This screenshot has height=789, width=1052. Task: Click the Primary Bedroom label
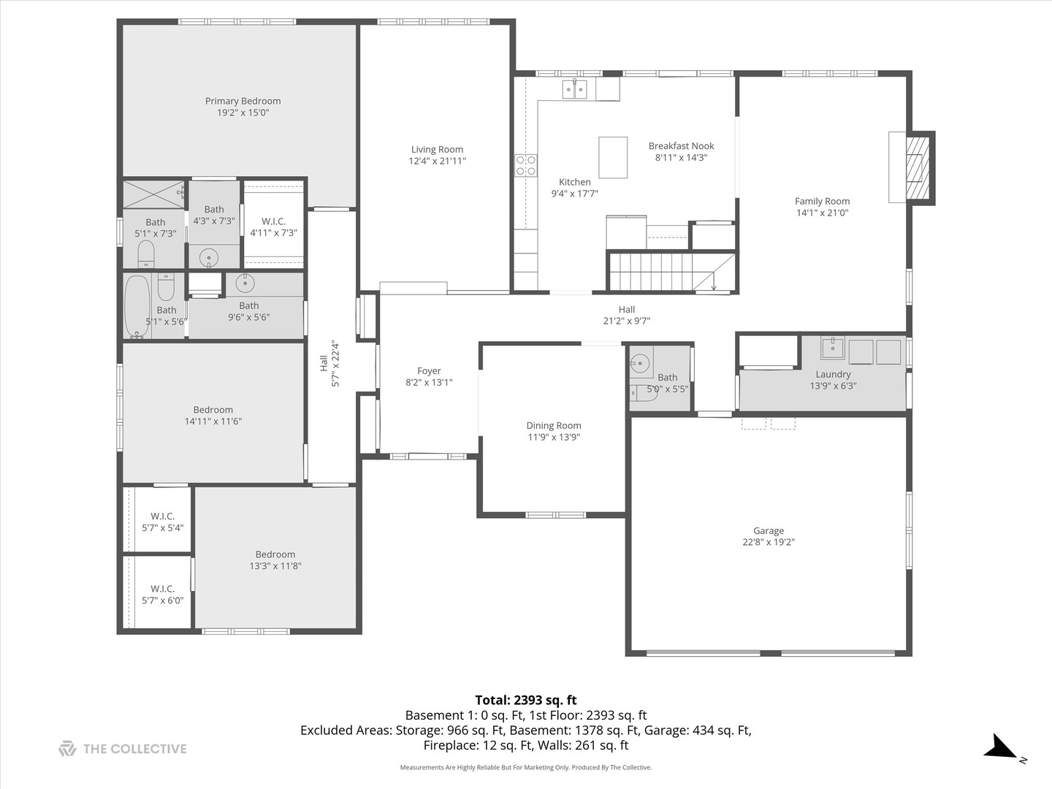click(x=243, y=101)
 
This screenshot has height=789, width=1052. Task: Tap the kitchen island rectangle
click(x=613, y=157)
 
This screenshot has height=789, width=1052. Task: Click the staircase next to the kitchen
click(x=661, y=271)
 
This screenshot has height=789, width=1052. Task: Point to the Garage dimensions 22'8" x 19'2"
click(x=769, y=542)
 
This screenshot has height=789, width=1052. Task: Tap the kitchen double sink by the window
click(x=574, y=89)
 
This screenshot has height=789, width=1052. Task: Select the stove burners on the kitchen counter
click(x=526, y=165)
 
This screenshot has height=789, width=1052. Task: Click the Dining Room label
click(x=554, y=425)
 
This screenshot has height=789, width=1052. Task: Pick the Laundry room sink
click(x=832, y=348)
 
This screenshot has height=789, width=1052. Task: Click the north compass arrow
click(x=1000, y=749)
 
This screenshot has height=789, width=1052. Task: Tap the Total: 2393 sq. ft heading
click(x=526, y=700)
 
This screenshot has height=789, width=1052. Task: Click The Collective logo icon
click(x=67, y=748)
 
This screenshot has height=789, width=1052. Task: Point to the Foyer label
click(x=429, y=370)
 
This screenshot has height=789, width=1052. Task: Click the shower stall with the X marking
click(x=153, y=194)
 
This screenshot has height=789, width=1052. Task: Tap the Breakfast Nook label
click(x=681, y=145)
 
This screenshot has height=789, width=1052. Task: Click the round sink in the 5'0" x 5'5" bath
click(x=640, y=362)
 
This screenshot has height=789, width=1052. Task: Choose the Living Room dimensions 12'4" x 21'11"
click(x=437, y=161)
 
